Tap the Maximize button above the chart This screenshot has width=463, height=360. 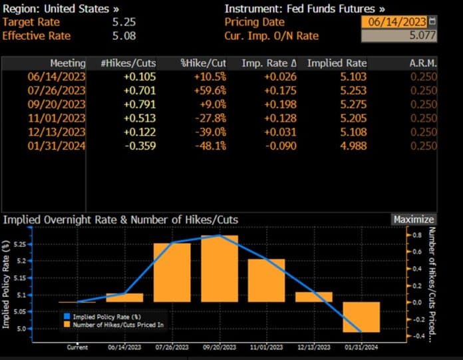[413, 220]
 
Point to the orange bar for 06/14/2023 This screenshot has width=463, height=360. [124, 297]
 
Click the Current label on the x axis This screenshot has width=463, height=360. [77, 347]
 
